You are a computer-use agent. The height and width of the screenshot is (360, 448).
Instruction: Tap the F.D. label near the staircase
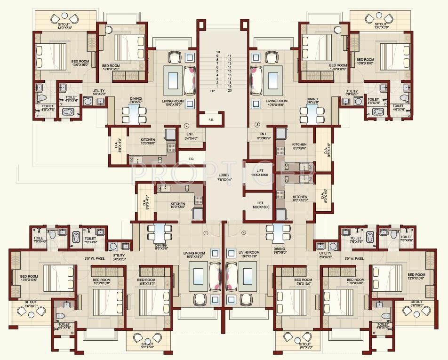click(x=211, y=120)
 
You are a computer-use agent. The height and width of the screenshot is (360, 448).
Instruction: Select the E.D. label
click(x=192, y=159)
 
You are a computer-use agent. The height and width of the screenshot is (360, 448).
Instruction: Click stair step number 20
click(x=229, y=90)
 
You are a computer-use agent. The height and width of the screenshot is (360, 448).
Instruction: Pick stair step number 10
click(x=218, y=52)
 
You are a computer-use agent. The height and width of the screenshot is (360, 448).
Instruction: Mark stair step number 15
click(x=229, y=71)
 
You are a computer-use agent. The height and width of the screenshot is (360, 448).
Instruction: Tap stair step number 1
click(x=217, y=87)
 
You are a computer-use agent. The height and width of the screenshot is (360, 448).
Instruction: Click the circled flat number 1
click(x=205, y=233)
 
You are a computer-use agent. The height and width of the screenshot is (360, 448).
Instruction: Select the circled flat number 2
click(x=186, y=126)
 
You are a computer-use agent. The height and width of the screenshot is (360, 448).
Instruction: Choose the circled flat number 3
click(x=257, y=125)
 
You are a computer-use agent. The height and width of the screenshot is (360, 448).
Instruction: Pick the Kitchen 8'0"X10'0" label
click(x=300, y=199)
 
